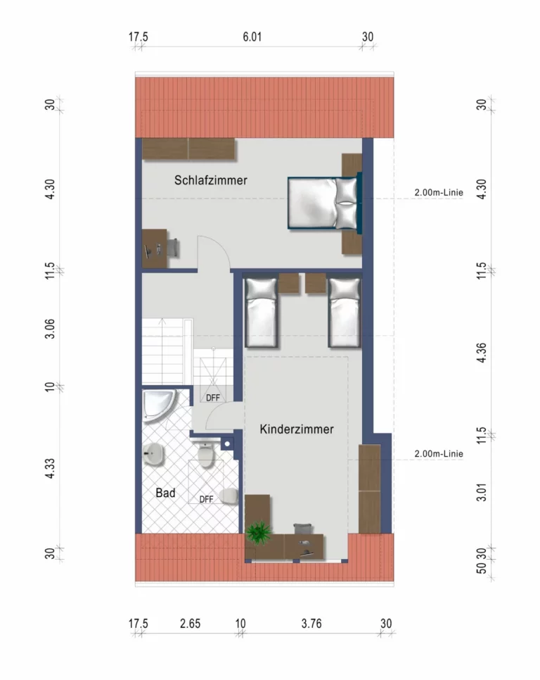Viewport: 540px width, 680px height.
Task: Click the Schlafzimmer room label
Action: coord(210,180)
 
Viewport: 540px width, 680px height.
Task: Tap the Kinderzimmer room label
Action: coord(297,429)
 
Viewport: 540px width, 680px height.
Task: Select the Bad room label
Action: coord(165,493)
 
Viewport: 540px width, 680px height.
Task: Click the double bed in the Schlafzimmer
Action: coord(325,203)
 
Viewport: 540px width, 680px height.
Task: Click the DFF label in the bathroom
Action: coord(206,500)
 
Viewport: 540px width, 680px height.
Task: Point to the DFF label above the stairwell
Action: coord(212,398)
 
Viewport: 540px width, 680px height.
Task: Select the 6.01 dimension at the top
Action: coord(252,37)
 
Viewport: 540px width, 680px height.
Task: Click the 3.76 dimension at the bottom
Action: coord(311,624)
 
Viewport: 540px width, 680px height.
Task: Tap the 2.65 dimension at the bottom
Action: coord(190,624)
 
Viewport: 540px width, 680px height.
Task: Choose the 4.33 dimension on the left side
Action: coord(50,468)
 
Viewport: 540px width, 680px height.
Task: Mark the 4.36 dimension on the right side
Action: coord(481,353)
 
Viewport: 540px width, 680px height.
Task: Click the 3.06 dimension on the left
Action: coord(50,329)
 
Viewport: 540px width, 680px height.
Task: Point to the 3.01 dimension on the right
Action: coord(481,492)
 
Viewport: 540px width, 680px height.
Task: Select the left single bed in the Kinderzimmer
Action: coord(261,313)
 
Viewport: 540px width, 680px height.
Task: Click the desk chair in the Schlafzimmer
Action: coord(172,248)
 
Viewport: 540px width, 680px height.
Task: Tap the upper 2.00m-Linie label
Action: coord(439,192)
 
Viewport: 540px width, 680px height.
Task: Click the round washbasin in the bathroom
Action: coord(153,454)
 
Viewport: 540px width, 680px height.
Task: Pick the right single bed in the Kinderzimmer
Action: coord(345,313)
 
